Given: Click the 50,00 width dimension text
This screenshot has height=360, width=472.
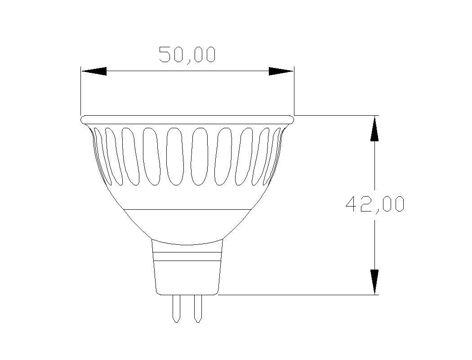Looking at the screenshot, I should click(187, 54).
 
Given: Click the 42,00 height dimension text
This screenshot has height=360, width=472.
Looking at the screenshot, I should click(375, 204).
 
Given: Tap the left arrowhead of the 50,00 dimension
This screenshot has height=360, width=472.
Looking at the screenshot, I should click(94, 71).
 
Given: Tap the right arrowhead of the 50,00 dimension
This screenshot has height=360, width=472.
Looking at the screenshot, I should click(281, 71).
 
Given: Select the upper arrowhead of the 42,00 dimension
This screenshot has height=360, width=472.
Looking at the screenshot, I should click(374, 129).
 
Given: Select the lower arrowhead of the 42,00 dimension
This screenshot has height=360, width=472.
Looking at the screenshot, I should click(374, 282).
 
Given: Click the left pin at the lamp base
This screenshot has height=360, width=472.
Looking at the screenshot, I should click(176, 308).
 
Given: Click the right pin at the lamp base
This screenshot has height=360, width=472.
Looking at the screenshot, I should click(197, 308).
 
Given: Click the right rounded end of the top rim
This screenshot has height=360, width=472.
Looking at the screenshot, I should click(291, 119).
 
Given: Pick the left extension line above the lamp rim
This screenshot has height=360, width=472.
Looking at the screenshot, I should click(81, 90).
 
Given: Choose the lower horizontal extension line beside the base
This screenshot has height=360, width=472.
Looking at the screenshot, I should click(297, 295).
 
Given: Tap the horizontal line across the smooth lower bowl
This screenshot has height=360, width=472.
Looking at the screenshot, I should click(187, 209).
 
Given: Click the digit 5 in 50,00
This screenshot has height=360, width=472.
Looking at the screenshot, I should click(165, 54).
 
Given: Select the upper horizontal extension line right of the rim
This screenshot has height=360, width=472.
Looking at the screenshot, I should click(335, 115).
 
